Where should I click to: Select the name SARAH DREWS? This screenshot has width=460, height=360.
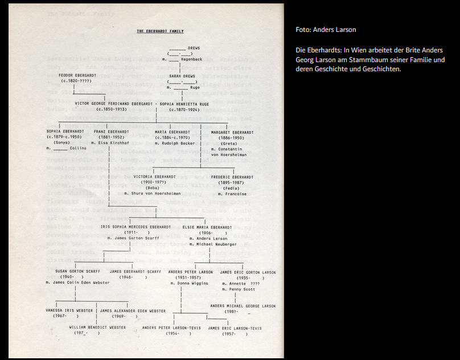[182, 75]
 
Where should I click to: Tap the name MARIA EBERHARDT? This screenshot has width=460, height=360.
[172, 132]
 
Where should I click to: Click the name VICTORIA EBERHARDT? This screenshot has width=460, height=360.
[155, 177]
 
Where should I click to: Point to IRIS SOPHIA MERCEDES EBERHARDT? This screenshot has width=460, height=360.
[135, 227]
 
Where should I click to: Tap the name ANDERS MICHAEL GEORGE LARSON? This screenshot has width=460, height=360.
[243, 306]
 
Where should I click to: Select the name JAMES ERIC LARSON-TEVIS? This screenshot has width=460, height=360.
[235, 328]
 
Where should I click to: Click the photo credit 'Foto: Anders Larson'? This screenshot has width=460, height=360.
[326, 30]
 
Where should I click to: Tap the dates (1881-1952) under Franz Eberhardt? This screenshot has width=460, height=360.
[110, 137]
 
